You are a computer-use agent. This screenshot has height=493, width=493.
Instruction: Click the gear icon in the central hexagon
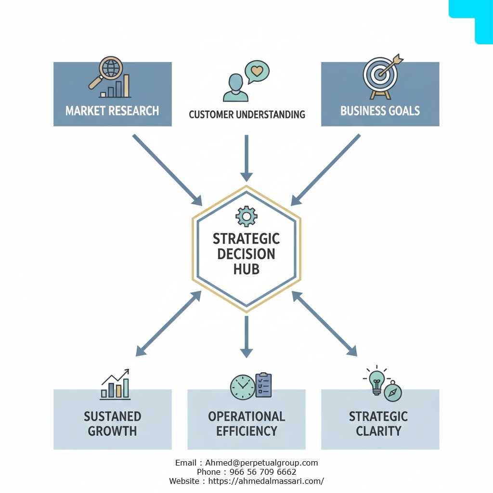[x=246, y=216]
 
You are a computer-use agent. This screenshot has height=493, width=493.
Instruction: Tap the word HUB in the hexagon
[x=246, y=270]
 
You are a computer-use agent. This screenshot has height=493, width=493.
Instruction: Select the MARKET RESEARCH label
[x=112, y=111]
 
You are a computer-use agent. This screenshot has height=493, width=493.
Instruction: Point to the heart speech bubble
[x=257, y=72]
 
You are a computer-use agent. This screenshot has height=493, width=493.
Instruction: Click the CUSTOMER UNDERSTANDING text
[x=247, y=115]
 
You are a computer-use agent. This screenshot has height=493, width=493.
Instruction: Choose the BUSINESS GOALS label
[x=380, y=111]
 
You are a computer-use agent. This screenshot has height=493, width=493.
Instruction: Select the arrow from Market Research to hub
[x=167, y=170]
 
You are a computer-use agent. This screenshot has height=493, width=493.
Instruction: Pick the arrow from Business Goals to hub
[x=325, y=170]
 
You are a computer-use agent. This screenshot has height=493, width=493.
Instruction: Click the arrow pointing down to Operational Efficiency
[x=246, y=337]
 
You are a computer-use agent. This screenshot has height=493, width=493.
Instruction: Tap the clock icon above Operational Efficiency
[x=243, y=387]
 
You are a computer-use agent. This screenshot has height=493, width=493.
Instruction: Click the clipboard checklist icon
[x=263, y=385]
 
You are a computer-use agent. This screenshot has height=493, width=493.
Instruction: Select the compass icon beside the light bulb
[x=393, y=392]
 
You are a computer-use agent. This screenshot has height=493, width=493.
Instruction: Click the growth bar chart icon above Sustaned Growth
[x=115, y=384]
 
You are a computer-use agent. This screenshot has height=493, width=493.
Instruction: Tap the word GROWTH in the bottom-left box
[x=112, y=431]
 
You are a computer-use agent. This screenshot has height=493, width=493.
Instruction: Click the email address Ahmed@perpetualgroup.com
[x=261, y=463]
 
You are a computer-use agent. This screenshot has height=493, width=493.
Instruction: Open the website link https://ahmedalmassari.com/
[x=266, y=481]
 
